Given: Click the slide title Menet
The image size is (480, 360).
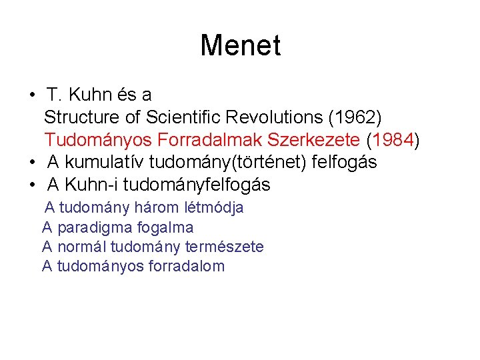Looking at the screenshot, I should [x=240, y=46].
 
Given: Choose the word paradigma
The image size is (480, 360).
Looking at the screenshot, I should [x=88, y=227].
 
